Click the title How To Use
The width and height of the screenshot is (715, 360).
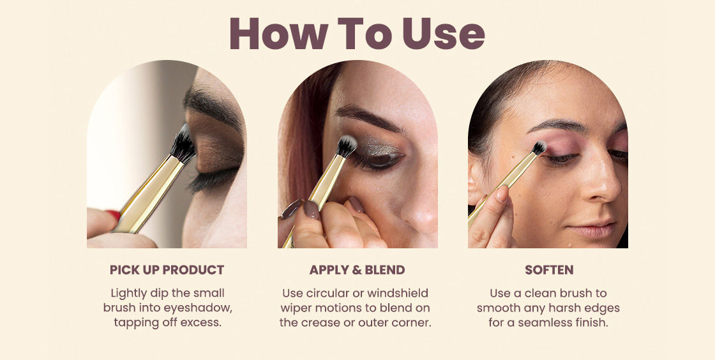click(357, 33)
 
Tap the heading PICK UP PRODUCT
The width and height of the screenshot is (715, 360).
click(167, 270)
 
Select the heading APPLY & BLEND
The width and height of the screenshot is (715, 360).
click(357, 270)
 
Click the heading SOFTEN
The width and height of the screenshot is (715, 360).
click(548, 270)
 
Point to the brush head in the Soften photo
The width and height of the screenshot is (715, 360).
click(539, 147)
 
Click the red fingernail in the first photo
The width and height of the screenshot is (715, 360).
click(114, 214)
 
